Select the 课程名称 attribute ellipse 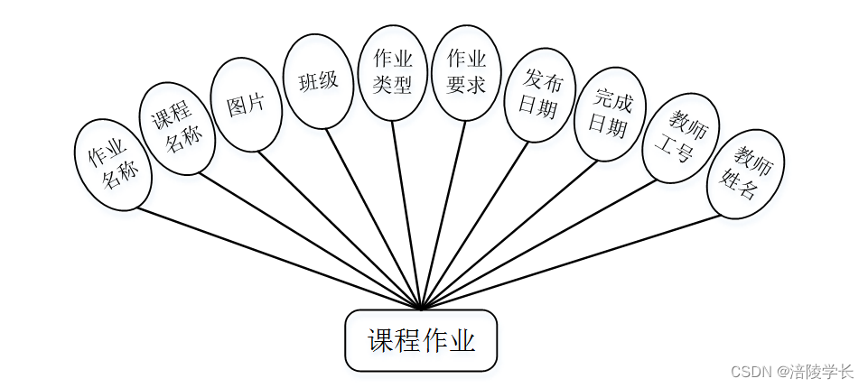point(177,129)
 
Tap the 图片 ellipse point(246,105)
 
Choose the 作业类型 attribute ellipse point(393,72)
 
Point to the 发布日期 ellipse point(540,95)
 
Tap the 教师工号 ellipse point(679,138)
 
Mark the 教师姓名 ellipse point(745,173)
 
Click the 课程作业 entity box point(421,340)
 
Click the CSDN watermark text point(791,371)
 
